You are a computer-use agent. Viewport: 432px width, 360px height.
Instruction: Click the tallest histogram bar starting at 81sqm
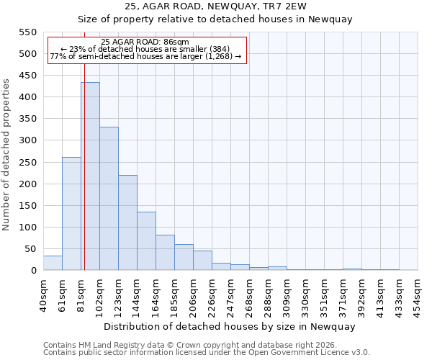(x=90, y=176)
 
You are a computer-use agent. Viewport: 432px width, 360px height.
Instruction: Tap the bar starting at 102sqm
(x=109, y=199)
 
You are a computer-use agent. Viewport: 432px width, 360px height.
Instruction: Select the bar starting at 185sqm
(x=184, y=257)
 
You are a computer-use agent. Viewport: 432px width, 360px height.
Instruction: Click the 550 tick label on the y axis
(x=27, y=32)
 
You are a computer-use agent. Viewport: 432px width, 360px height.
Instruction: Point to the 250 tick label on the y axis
(x=27, y=163)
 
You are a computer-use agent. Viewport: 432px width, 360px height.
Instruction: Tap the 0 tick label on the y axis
(x=33, y=271)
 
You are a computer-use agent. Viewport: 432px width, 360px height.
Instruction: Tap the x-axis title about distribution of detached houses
(x=230, y=326)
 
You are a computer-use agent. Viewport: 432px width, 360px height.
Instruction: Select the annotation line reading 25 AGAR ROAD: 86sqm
(x=146, y=42)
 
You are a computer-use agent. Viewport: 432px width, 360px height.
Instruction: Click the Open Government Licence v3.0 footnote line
(x=207, y=353)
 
